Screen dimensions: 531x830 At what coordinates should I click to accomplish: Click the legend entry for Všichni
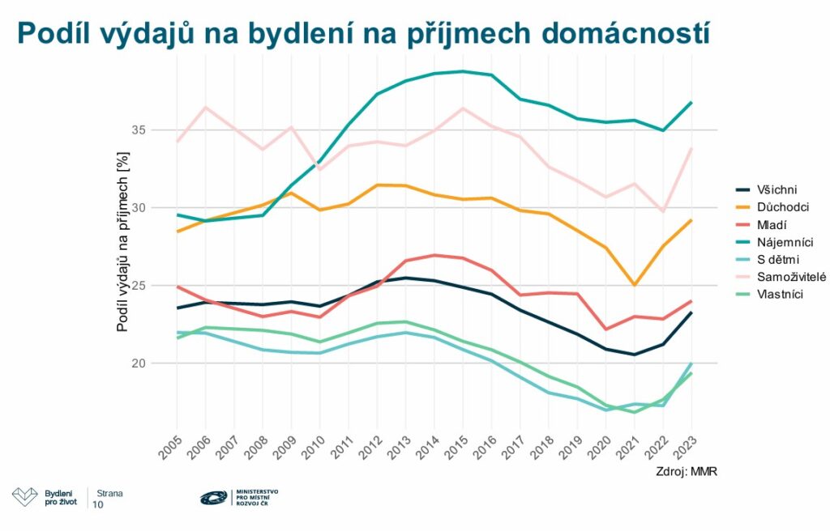(768, 189)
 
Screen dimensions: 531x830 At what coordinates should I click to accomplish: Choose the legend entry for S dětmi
(768, 260)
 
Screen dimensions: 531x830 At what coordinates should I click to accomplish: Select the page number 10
(98, 504)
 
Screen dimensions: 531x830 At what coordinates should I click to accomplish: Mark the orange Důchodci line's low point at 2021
(634, 285)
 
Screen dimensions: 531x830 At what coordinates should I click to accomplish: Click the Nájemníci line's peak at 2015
(461, 71)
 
